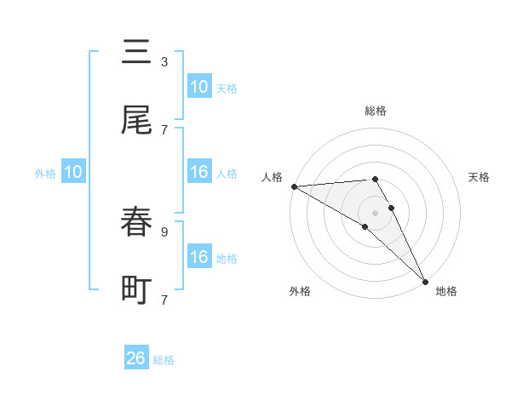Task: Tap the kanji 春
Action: [136, 222]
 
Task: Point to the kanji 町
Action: [136, 290]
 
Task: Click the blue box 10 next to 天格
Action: [199, 87]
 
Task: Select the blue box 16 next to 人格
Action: [199, 172]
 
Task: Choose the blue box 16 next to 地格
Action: [199, 257]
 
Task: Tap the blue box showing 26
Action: [136, 358]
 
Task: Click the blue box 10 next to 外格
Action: [73, 172]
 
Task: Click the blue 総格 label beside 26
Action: [164, 360]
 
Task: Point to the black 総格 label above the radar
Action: [376, 111]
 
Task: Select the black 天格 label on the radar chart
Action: [479, 177]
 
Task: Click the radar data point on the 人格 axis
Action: [294, 186]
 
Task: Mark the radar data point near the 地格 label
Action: [424, 280]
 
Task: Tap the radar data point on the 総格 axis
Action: [376, 179]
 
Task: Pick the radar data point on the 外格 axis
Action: [365, 226]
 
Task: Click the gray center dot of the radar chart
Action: [376, 212]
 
